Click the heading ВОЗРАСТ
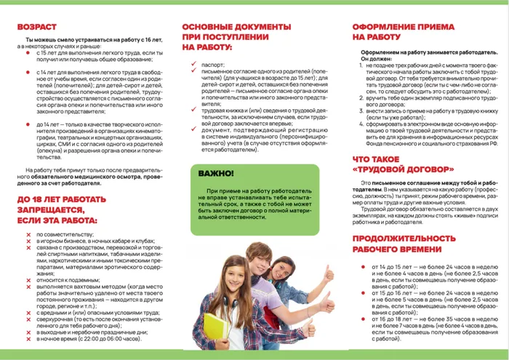coord(37,26)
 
